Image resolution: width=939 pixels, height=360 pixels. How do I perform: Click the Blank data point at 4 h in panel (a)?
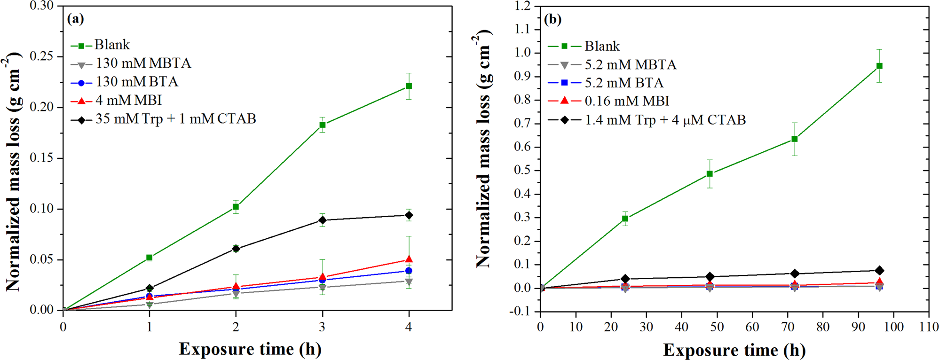(x=409, y=86)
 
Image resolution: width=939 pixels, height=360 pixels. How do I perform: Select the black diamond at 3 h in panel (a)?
(x=322, y=220)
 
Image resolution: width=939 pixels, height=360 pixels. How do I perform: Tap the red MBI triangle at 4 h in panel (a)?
(x=409, y=259)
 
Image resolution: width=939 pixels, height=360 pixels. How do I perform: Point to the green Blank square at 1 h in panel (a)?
(x=150, y=258)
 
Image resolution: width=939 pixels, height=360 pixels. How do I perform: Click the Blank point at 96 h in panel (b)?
(x=879, y=66)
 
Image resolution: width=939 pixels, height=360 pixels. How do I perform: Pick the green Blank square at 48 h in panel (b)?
(x=710, y=174)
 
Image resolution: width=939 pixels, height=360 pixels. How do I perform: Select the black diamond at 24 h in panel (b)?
(x=625, y=279)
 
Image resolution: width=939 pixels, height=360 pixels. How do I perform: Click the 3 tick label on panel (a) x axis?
(x=322, y=327)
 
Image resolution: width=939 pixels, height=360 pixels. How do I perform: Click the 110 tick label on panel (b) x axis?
(x=928, y=327)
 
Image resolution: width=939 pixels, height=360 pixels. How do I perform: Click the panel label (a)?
(x=75, y=19)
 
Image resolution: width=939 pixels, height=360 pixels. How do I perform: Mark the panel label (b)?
(x=552, y=20)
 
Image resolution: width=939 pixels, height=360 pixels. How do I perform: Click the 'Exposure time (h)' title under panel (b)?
(x=734, y=350)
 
